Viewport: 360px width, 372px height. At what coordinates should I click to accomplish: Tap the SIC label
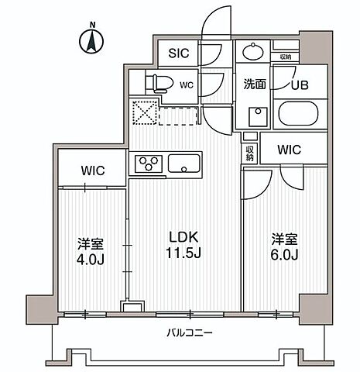click(x=180, y=53)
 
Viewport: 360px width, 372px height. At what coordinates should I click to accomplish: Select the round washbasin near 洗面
click(x=252, y=53)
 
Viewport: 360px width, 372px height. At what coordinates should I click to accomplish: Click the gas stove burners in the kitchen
click(x=147, y=163)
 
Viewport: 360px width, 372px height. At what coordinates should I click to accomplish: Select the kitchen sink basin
click(x=184, y=164)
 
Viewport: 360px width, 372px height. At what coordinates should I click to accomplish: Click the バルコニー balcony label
click(x=189, y=333)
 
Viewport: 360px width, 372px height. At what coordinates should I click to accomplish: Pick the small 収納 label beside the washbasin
click(x=285, y=57)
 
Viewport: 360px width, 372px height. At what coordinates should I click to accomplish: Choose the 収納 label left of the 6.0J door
click(x=249, y=151)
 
